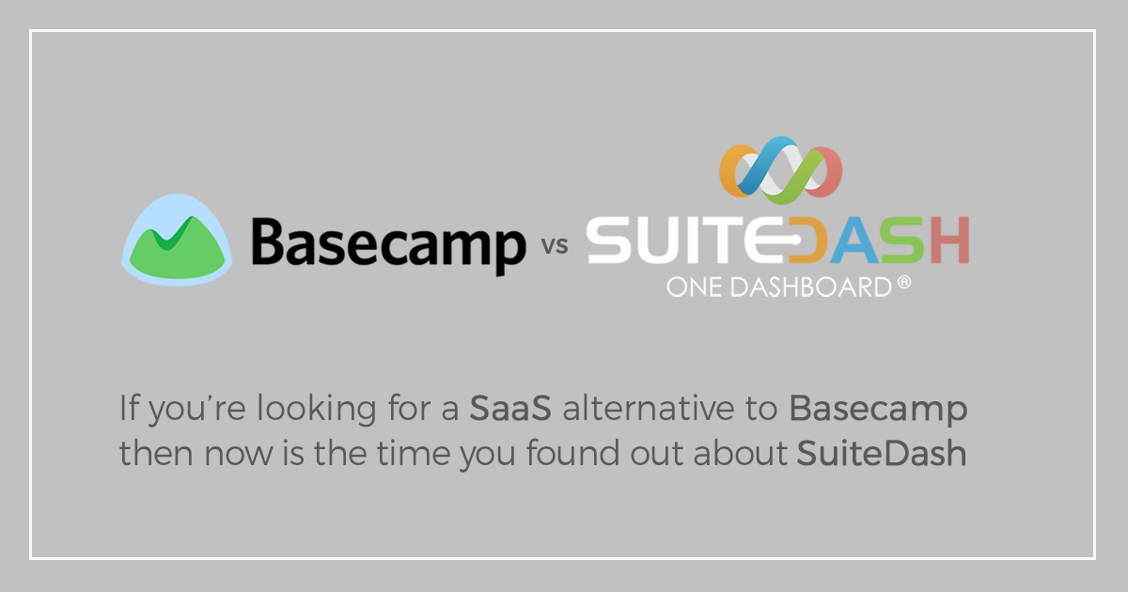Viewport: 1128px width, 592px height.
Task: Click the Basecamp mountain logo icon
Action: (177, 241)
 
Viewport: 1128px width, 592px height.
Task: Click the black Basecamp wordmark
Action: (389, 246)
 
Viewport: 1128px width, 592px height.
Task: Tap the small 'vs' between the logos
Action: (555, 245)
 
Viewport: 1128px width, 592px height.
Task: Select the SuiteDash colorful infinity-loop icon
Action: (780, 170)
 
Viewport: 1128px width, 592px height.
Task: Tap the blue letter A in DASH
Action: (854, 241)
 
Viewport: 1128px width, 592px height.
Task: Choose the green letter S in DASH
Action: (903, 241)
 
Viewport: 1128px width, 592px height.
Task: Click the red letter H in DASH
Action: (949, 241)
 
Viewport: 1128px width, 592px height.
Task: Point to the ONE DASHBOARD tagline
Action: (779, 287)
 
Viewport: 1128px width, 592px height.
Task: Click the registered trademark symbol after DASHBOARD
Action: (904, 282)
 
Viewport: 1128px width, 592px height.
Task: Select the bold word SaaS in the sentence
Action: (510, 407)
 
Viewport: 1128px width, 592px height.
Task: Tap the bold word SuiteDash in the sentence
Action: (882, 453)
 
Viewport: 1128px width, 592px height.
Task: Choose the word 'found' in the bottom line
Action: (572, 453)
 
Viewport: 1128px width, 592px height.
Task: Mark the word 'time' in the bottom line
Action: (413, 453)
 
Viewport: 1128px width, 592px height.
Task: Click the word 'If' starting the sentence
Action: (129, 407)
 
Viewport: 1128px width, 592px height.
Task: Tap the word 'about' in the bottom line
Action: (740, 453)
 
